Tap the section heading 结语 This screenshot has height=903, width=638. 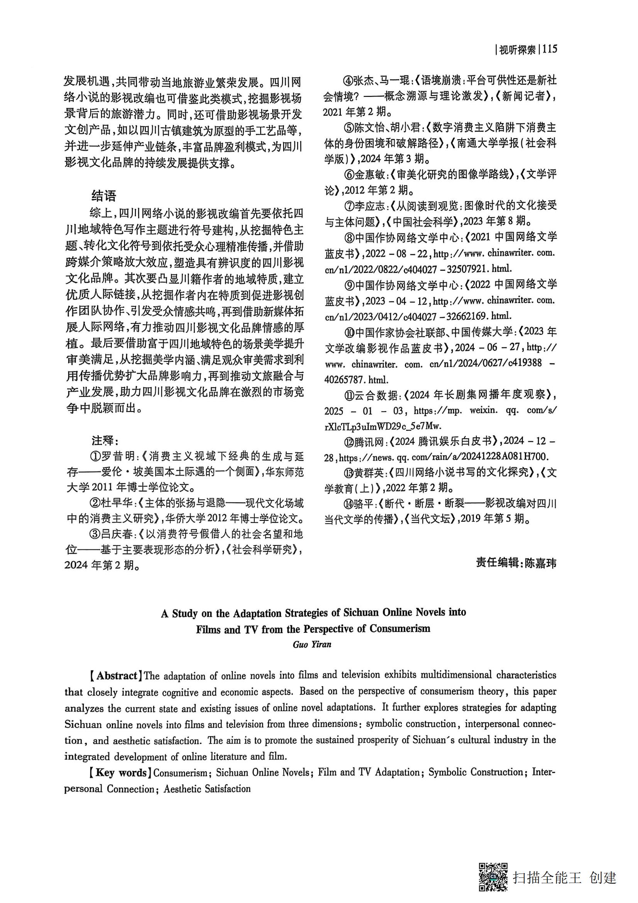tap(104, 195)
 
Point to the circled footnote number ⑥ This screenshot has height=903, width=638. tap(349, 175)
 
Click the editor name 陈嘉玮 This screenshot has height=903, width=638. tap(541, 563)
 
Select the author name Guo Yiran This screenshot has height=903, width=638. tap(312, 644)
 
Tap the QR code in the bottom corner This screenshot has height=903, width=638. tap(493, 877)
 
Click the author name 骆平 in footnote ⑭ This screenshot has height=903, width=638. tap(364, 503)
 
